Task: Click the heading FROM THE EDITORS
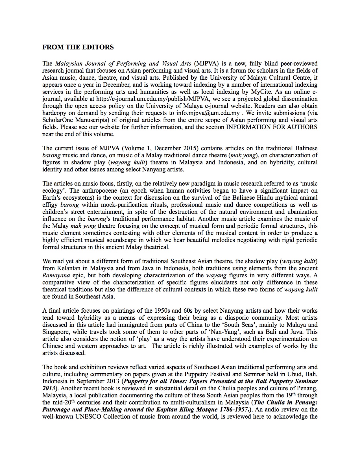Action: pyautogui.click(x=78, y=47)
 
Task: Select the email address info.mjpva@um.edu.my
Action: pyautogui.click(x=208, y=113)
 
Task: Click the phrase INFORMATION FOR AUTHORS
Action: pyautogui.click(x=272, y=127)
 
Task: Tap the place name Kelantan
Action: pyautogui.click(x=69, y=268)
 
